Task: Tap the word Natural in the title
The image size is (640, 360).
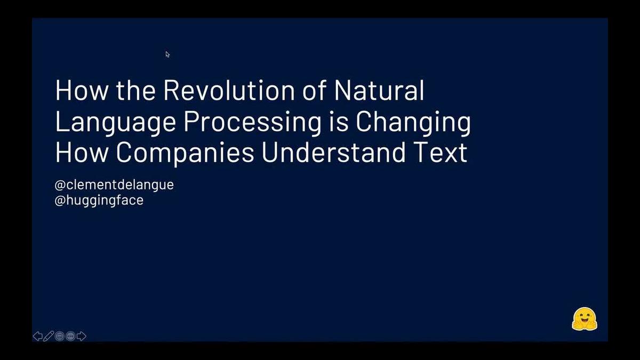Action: pos(379,91)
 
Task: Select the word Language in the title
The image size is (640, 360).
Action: pos(115,123)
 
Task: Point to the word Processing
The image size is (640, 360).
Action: pos(250,123)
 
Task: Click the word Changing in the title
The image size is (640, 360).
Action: pos(413,123)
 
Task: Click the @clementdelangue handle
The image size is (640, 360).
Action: pos(114,186)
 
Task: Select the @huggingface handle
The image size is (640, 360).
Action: pos(99,201)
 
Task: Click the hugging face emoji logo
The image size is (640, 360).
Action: pos(585,319)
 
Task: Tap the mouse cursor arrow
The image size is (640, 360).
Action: pos(167,54)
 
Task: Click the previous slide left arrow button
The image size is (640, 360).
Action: pos(38,336)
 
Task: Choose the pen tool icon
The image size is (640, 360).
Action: pos(49,336)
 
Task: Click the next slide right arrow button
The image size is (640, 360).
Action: pos(81,336)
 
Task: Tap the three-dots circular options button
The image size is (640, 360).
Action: pos(70,336)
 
